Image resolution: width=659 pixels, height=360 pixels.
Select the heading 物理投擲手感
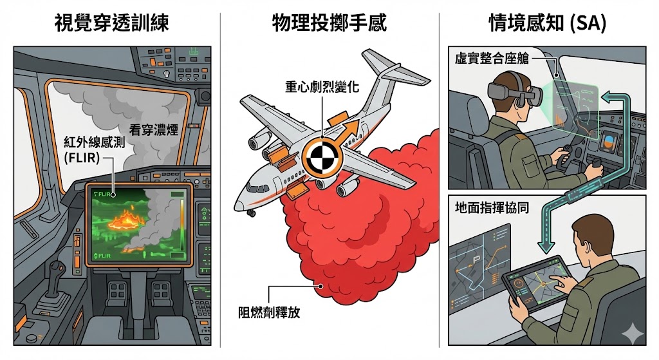click(329, 24)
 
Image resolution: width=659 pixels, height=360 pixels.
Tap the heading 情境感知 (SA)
click(547, 24)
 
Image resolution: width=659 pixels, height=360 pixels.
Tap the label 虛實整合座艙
click(487, 59)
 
